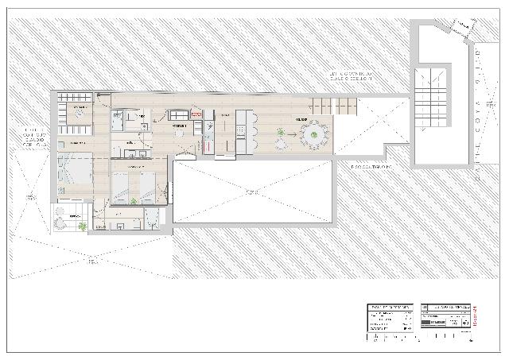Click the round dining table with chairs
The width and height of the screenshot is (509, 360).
coord(315,135)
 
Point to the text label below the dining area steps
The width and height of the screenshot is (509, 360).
coord(371,167)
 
